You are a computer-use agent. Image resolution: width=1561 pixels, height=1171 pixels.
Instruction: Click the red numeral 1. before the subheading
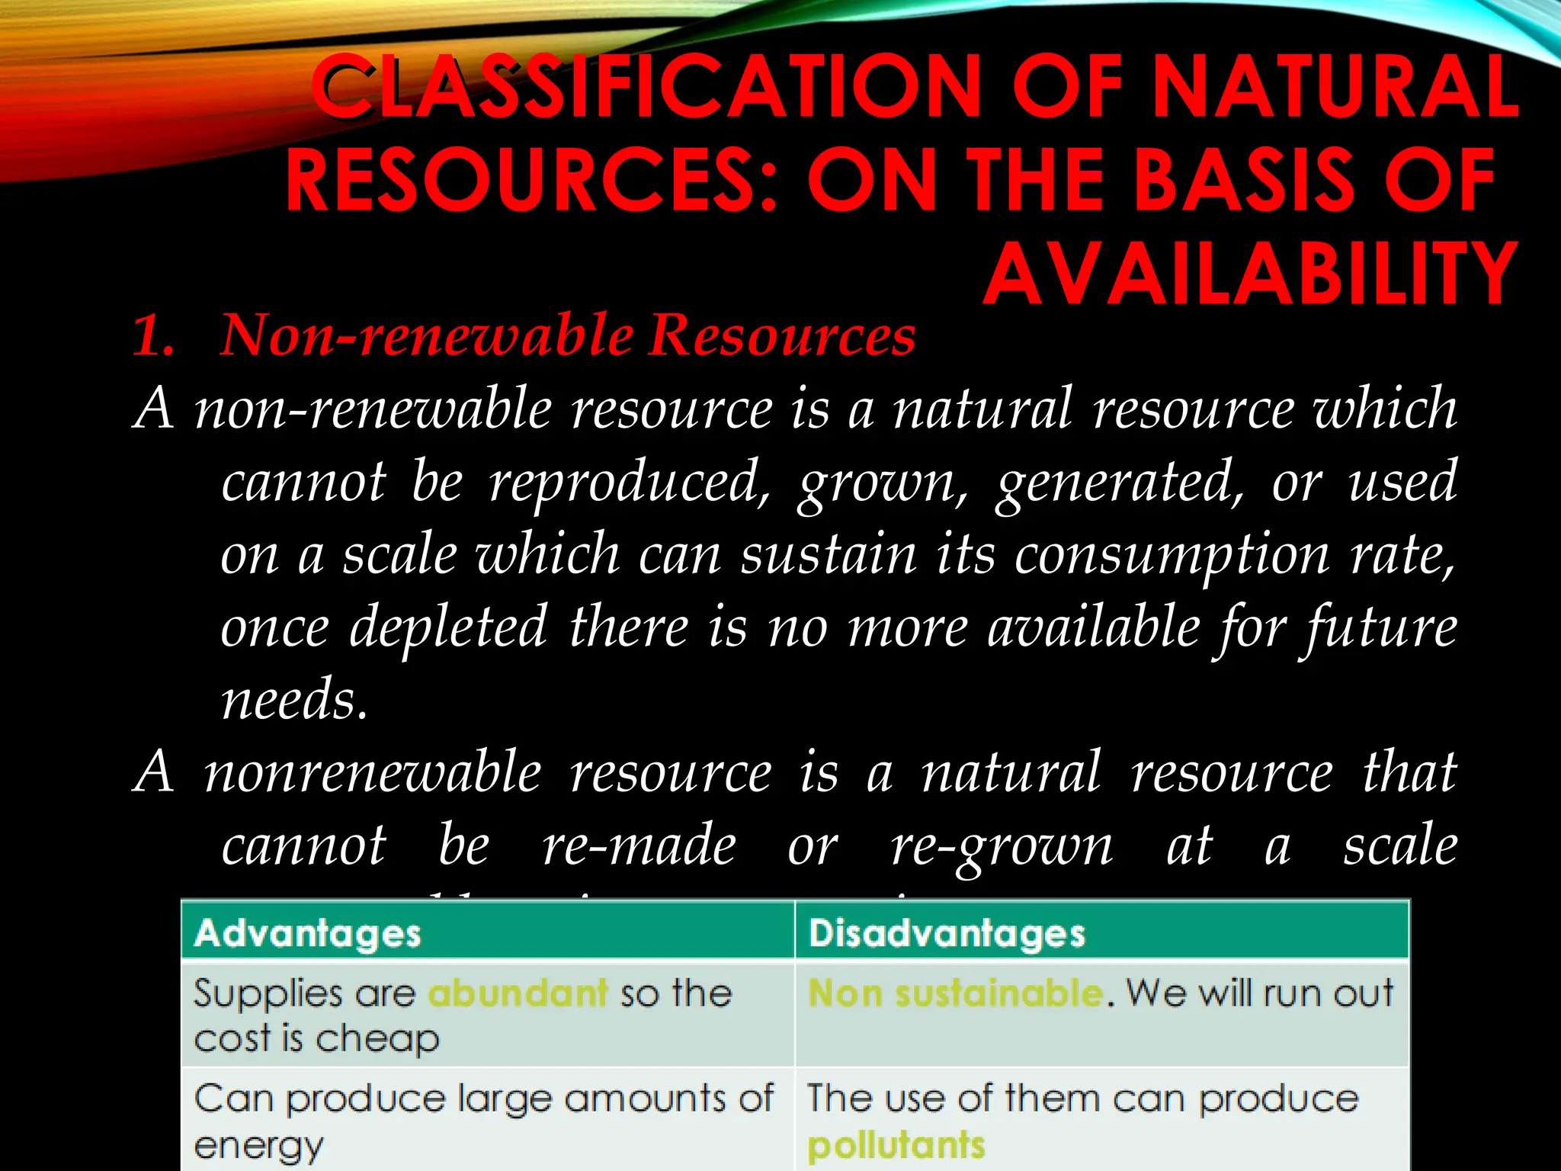(x=152, y=335)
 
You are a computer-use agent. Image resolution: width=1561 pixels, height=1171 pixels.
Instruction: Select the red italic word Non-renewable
(x=427, y=335)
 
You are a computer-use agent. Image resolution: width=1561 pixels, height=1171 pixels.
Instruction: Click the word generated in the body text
(x=1120, y=483)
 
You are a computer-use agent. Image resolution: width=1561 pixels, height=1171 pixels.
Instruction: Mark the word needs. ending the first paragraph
(x=294, y=700)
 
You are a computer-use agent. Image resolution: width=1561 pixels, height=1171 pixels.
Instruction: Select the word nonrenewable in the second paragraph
(x=373, y=772)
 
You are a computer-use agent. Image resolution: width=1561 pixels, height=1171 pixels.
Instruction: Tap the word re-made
(x=639, y=845)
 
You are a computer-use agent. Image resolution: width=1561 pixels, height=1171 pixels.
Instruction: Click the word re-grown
(x=1002, y=845)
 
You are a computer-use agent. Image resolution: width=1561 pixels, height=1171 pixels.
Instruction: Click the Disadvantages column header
(x=947, y=934)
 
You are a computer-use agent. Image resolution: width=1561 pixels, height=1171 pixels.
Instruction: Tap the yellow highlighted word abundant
(x=518, y=993)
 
